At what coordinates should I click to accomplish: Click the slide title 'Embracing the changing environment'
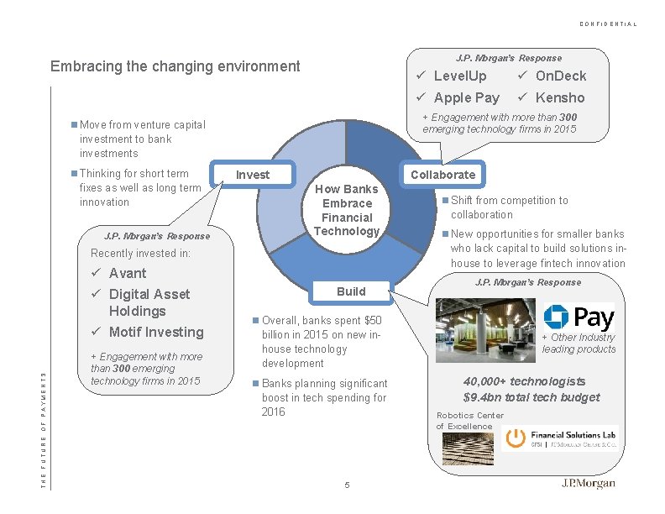(175, 66)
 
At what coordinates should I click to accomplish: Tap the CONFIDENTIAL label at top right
(608, 24)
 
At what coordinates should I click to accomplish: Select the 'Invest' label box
(253, 175)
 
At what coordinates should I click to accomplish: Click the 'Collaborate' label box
(442, 175)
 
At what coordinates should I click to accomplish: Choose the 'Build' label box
(351, 291)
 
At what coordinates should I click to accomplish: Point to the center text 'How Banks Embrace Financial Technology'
(347, 210)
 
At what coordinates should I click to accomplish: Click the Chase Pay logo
(579, 317)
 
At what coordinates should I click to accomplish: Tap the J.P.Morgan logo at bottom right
(588, 484)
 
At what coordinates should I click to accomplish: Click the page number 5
(346, 485)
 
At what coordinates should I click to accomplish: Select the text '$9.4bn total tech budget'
(531, 397)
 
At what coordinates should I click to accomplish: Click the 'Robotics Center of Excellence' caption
(469, 421)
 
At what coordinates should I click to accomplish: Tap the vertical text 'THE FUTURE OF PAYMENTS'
(45, 420)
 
